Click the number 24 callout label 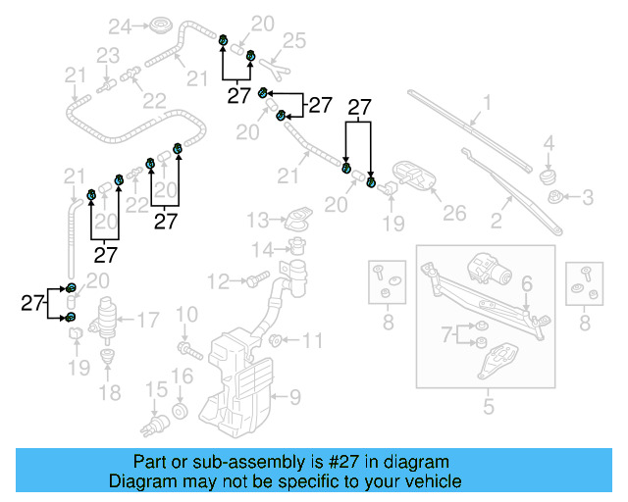[119, 25]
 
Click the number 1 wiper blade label [486, 102]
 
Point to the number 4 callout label [549, 143]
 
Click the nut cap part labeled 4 [548, 176]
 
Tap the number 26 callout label [453, 213]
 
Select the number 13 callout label [257, 218]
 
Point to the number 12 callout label [217, 281]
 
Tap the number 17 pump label [147, 319]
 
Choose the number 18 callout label [109, 393]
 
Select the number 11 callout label [311, 341]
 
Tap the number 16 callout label [183, 376]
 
